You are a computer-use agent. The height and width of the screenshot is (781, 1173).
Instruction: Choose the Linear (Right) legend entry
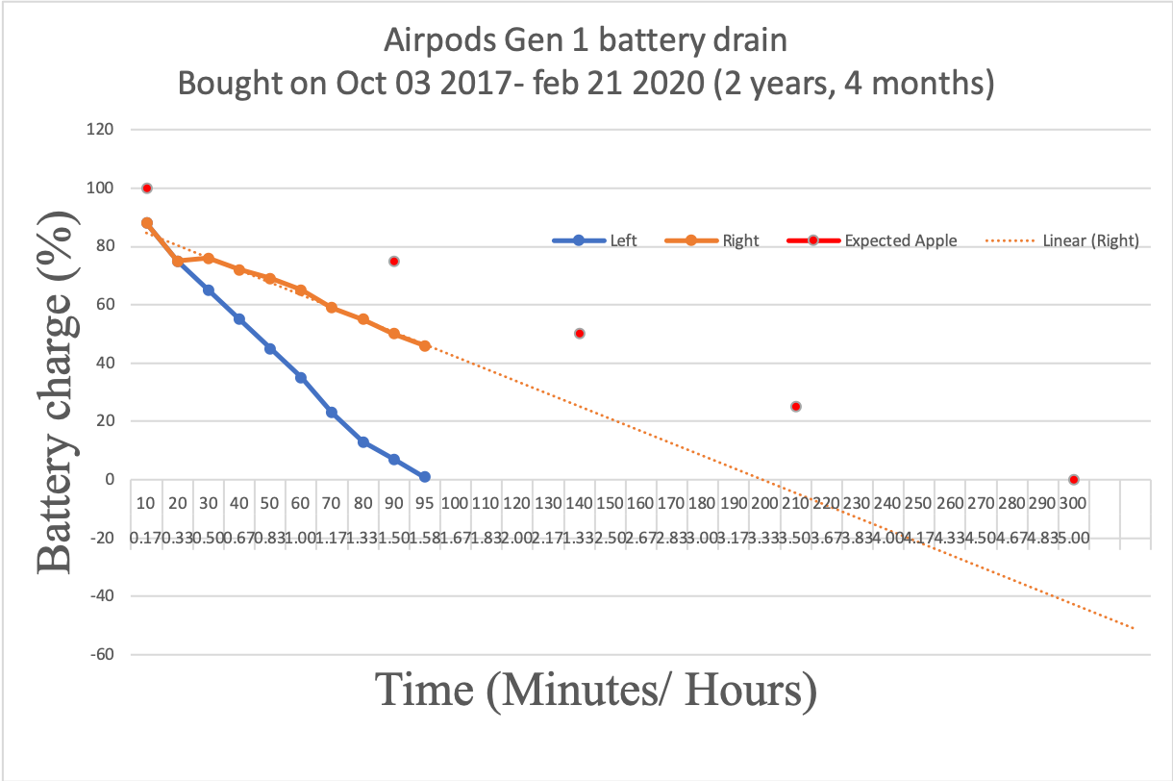click(x=1062, y=240)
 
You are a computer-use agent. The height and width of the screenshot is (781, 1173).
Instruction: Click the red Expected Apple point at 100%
click(x=147, y=189)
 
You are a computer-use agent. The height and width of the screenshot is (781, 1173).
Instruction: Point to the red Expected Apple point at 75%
click(x=393, y=262)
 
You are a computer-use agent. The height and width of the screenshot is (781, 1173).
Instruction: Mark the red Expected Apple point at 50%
click(x=579, y=334)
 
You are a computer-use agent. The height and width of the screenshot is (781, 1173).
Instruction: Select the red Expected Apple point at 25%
click(x=795, y=407)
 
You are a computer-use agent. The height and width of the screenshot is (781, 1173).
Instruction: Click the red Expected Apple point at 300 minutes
click(x=1073, y=480)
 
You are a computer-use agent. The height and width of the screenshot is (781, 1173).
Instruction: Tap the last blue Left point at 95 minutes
click(x=424, y=477)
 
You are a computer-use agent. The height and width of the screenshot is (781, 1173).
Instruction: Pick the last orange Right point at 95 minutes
click(x=424, y=345)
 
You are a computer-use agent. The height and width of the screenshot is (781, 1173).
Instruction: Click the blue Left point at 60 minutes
click(x=301, y=378)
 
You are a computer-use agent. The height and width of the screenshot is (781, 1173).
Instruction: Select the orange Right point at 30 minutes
click(x=209, y=259)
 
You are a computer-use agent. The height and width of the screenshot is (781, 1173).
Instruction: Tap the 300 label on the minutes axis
click(x=1073, y=503)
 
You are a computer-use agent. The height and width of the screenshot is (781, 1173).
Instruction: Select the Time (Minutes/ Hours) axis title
click(x=596, y=691)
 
